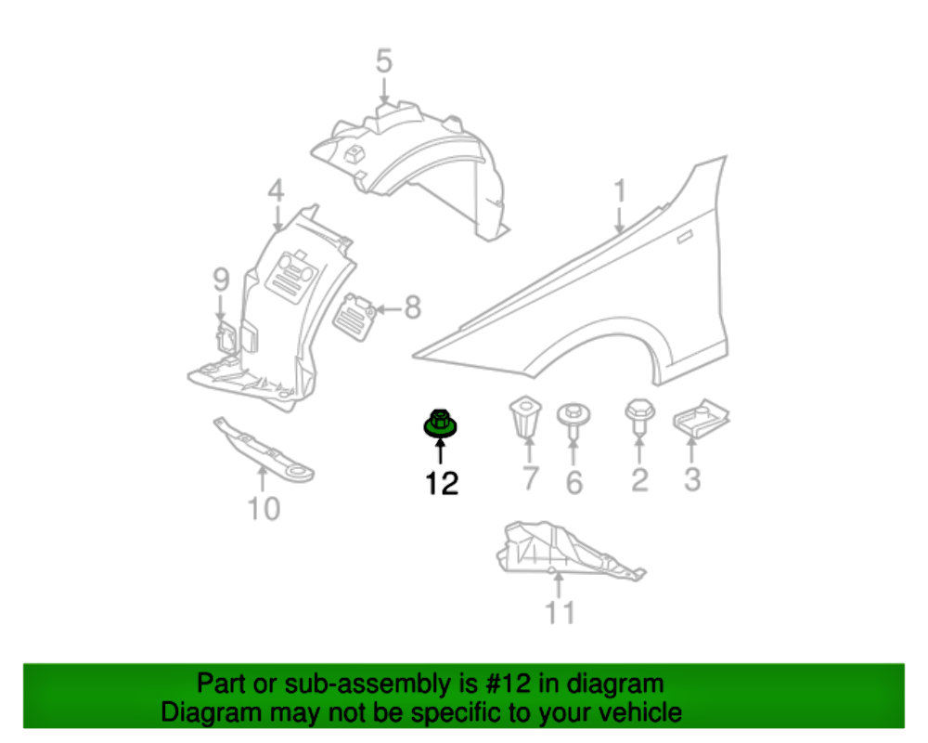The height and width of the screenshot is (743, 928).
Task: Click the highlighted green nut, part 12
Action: [x=440, y=423]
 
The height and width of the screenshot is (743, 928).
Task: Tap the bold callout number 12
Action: [x=442, y=483]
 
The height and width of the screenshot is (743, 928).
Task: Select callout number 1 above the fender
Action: [x=619, y=192]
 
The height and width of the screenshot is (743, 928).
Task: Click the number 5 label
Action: [x=384, y=62]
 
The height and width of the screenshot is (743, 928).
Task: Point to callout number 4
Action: [x=276, y=191]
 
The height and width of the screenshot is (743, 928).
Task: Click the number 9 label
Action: [x=220, y=277]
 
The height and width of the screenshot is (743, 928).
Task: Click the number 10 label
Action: [x=264, y=508]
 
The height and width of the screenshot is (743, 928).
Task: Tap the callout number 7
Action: [x=530, y=480]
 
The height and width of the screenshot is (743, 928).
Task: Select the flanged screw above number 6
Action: [x=573, y=419]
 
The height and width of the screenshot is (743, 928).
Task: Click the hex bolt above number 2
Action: [x=638, y=414]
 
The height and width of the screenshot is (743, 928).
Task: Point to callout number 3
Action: [x=691, y=480]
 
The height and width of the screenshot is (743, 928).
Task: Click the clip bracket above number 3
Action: [x=701, y=417]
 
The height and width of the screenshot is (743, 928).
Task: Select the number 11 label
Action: [x=560, y=613]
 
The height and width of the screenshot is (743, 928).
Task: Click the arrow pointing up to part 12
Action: [x=440, y=452]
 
